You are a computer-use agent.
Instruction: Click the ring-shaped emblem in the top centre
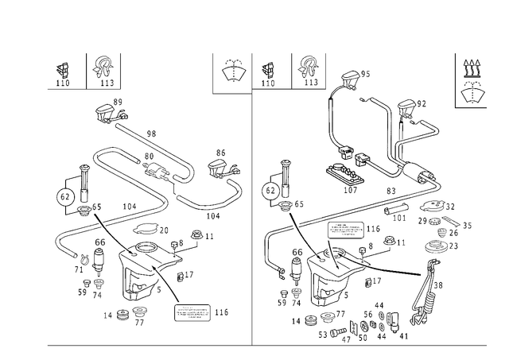tap(232, 72)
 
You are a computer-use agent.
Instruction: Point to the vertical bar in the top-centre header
tap(293, 70)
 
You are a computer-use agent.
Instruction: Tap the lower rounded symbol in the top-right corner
tap(475, 95)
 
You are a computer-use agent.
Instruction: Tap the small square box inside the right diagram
tap(297, 254)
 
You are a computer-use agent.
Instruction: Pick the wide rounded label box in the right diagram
tap(344, 230)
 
